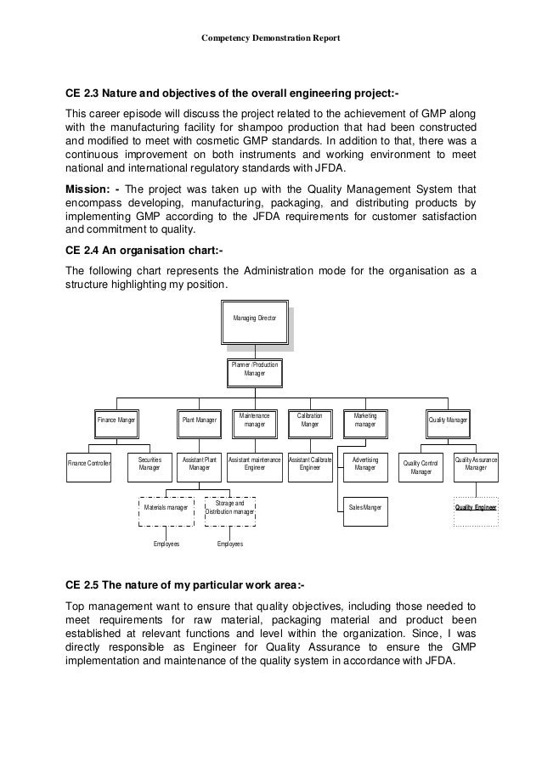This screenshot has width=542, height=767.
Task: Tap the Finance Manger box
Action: click(x=117, y=420)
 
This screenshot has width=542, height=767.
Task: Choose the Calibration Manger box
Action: click(x=309, y=420)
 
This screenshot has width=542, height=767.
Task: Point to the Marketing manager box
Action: click(x=364, y=420)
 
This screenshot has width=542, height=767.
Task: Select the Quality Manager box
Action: click(x=447, y=420)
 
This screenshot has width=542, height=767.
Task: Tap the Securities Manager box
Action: click(x=150, y=464)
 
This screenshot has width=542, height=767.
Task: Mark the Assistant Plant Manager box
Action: click(x=200, y=464)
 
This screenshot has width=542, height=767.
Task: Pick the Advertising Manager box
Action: click(x=364, y=464)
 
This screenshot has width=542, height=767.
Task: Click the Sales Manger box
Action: click(x=365, y=508)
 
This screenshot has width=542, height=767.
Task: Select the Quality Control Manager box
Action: click(x=421, y=466)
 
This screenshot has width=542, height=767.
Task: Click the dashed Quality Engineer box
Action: click(x=476, y=508)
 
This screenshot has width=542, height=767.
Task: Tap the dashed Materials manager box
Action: click(x=167, y=508)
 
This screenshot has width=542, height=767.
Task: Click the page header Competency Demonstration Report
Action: click(x=270, y=38)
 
